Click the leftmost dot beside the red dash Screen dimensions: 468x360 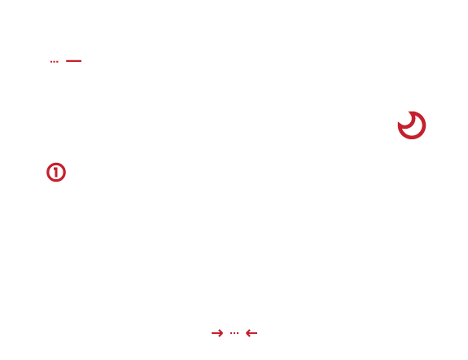pyautogui.click(x=51, y=62)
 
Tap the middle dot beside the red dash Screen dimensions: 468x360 pyautogui.click(x=55, y=62)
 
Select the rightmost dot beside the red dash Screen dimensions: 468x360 pyautogui.click(x=57, y=62)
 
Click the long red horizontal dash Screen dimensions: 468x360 pyautogui.click(x=74, y=61)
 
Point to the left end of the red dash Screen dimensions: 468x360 pyautogui.click(x=66, y=61)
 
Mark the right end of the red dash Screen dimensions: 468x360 pyautogui.click(x=81, y=61)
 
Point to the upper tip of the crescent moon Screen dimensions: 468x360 pyautogui.click(x=409, y=112)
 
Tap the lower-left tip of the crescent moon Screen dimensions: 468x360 pyautogui.click(x=399, y=124)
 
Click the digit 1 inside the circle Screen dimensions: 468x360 pyautogui.click(x=56, y=172)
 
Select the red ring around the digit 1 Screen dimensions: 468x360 pyautogui.click(x=47, y=172)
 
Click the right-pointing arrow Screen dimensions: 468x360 pyautogui.click(x=217, y=333)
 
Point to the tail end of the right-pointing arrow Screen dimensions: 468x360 pyautogui.click(x=212, y=333)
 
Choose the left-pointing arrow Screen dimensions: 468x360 pyautogui.click(x=251, y=333)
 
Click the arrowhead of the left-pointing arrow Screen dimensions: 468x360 pyautogui.click(x=247, y=333)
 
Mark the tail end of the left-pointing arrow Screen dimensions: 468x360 pyautogui.click(x=257, y=333)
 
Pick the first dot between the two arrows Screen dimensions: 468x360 pyautogui.click(x=231, y=333)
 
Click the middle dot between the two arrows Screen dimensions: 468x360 pyautogui.click(x=234, y=333)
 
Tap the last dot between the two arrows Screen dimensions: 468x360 pyautogui.click(x=238, y=333)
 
